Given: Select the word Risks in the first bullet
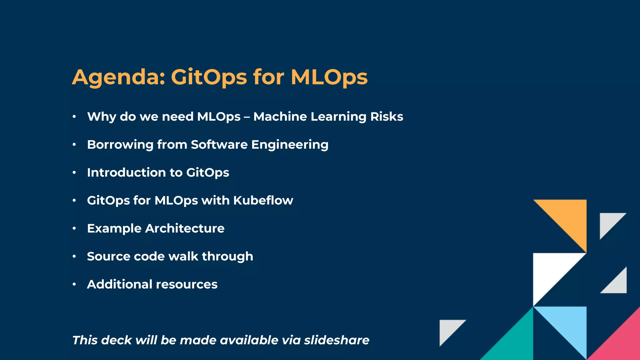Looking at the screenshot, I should coord(387,117).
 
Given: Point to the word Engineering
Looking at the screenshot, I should coord(290,145).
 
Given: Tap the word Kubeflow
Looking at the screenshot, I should coord(263,200).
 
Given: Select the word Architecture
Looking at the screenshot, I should coord(185,228).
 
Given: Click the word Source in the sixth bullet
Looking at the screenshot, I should coord(108,256).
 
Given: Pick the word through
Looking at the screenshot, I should coord(227,256).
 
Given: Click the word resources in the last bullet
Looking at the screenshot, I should coord(187,284).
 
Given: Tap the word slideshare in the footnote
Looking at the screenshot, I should coord(337,340).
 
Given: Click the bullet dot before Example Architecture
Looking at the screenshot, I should coord(74,228).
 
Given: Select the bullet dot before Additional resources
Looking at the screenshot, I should coord(74,284).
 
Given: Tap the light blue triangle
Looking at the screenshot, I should coord(569,325).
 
